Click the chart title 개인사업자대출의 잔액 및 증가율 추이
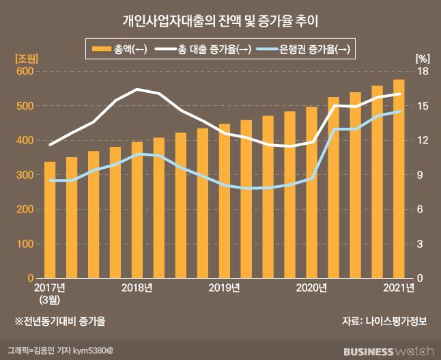[x=220, y=21]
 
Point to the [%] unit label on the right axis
[x=421, y=58]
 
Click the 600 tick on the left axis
[x=25, y=72]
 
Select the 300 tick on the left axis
[x=25, y=175]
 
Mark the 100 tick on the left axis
[x=25, y=244]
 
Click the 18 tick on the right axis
[x=422, y=72]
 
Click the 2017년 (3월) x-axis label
[x=50, y=292]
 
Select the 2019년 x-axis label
[x=224, y=288]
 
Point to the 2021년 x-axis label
[x=398, y=288]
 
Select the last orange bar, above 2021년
[x=399, y=179]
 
